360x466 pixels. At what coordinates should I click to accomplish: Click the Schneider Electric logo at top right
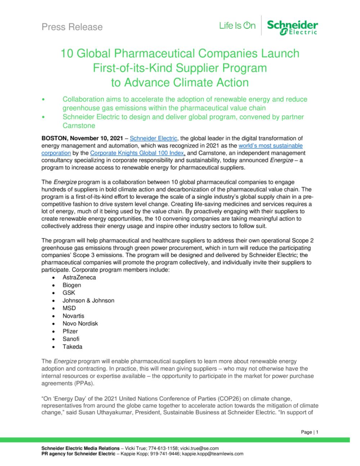[x=292, y=28]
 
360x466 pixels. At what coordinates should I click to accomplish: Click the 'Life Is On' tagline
[x=237, y=26]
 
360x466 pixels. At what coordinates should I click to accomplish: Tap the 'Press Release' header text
[x=72, y=27]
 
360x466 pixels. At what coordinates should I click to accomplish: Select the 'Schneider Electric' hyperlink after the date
[x=153, y=138]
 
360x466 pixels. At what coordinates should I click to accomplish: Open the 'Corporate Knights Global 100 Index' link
[x=138, y=153]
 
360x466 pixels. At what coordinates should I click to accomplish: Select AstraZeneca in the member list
[x=79, y=277]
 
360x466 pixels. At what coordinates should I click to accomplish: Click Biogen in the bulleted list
[x=72, y=285]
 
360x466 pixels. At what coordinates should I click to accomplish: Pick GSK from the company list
[x=69, y=293]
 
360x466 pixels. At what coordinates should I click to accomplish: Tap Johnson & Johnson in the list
[x=88, y=300]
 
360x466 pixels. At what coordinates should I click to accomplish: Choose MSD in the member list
[x=69, y=308]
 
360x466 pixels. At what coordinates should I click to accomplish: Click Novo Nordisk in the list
[x=80, y=323]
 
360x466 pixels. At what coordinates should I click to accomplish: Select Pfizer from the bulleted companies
[x=70, y=331]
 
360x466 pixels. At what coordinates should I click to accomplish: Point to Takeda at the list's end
[x=72, y=347]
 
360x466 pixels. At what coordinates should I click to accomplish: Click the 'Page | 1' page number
[x=310, y=432]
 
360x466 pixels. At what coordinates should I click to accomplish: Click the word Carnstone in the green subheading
[x=79, y=126]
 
